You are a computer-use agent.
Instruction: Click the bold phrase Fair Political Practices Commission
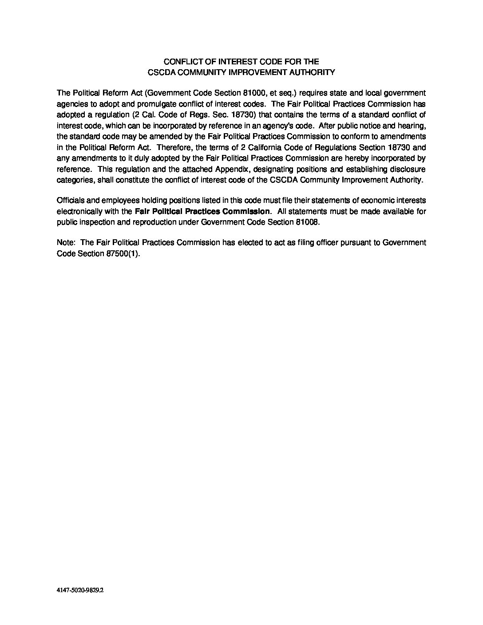click(202, 211)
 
